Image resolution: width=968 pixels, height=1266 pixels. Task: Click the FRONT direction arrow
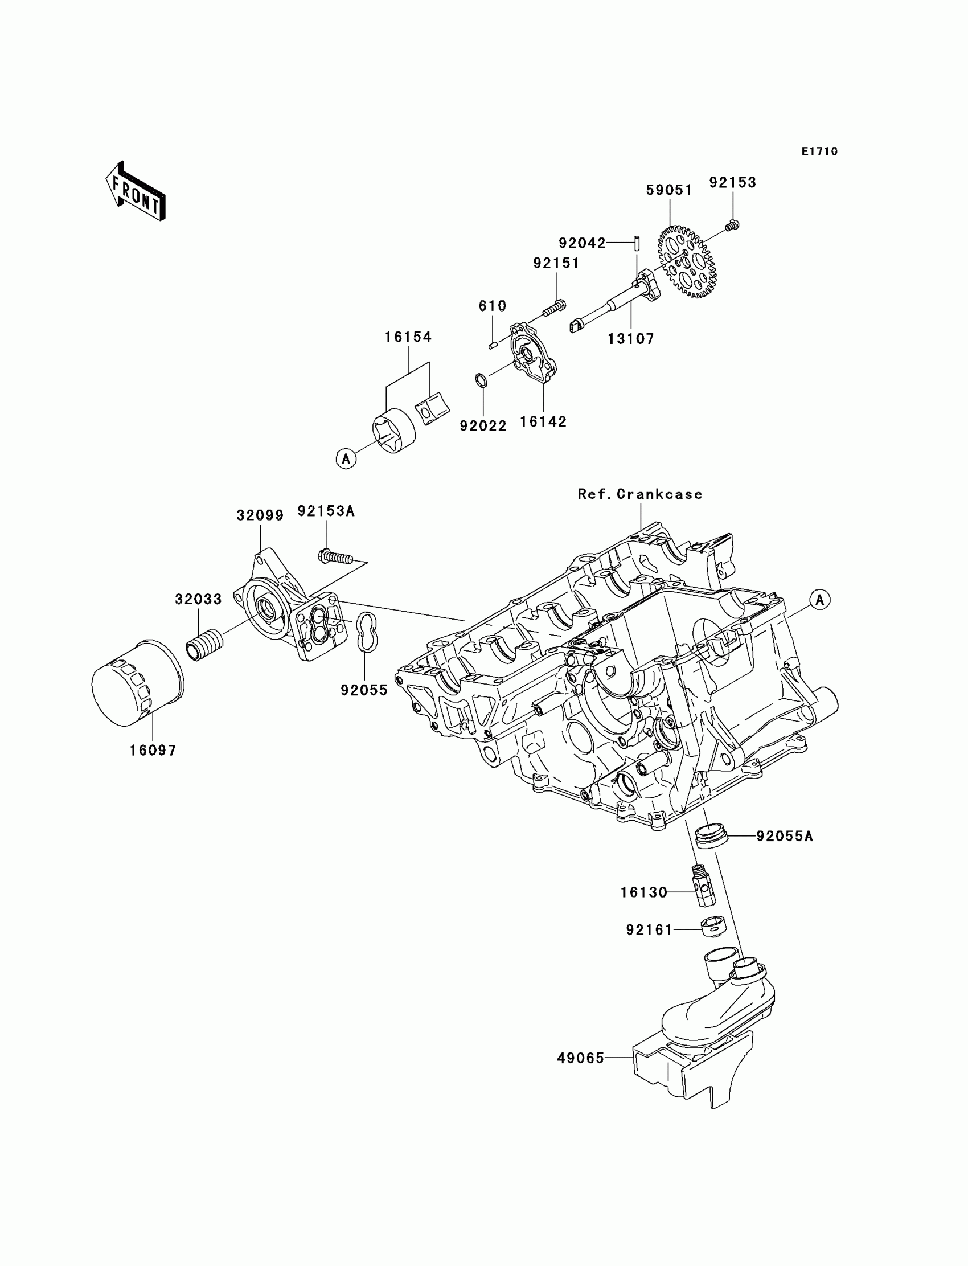point(136,192)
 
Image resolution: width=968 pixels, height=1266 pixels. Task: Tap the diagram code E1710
point(819,151)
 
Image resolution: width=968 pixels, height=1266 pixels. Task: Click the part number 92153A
point(326,511)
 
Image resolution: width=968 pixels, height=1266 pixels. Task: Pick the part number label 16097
point(153,750)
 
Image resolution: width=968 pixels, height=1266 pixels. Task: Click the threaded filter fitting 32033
point(205,645)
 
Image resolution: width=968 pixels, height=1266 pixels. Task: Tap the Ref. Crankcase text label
point(639,494)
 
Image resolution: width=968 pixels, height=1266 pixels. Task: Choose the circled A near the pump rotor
point(346,458)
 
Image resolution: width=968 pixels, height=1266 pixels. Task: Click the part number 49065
point(580,1058)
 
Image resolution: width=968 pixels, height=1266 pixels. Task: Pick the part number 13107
point(631,339)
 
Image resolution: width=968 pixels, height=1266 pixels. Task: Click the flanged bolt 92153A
point(335,557)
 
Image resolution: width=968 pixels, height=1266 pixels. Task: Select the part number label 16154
point(408,337)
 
